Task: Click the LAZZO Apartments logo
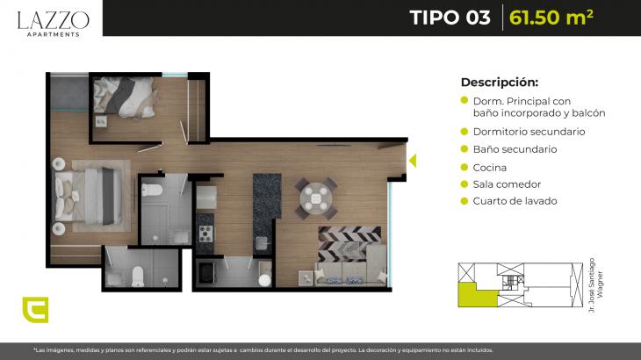54,24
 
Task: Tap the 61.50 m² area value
551,18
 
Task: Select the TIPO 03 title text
450,18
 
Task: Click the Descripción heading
499,83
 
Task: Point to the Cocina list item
489,168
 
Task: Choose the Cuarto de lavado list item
515,201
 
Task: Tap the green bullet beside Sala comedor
464,184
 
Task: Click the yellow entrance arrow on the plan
413,161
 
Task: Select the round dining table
316,198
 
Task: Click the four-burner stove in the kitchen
205,234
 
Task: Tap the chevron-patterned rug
349,244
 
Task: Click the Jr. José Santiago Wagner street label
595,285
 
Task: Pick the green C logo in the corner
36,310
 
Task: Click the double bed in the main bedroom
88,196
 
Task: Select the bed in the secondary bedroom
124,97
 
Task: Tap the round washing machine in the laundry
265,280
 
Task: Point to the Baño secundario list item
515,149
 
